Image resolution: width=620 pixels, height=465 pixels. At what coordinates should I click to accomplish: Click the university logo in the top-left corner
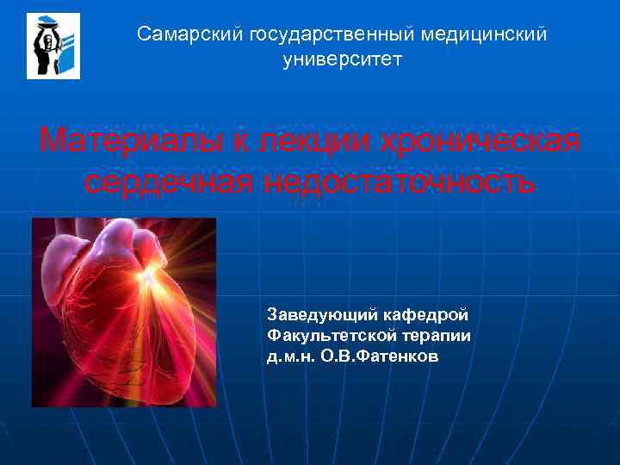point(53,46)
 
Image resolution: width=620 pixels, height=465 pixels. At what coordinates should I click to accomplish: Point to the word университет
point(342,59)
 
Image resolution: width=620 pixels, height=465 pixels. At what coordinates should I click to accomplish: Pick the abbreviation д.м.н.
point(291,356)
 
